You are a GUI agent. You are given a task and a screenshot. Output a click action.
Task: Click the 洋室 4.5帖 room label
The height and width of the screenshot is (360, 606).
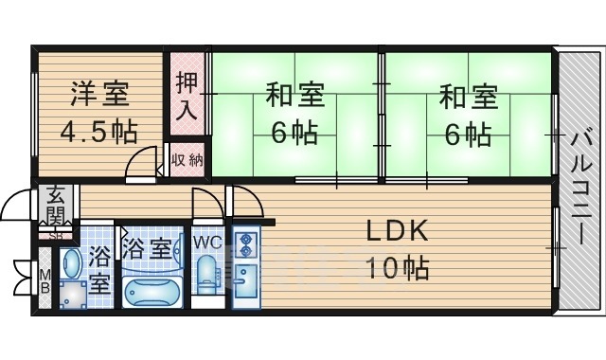click(98, 112)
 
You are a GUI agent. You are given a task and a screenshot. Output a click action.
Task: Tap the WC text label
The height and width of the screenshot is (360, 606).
click(207, 243)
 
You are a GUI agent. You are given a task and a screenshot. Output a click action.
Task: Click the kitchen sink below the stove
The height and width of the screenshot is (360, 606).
click(243, 283)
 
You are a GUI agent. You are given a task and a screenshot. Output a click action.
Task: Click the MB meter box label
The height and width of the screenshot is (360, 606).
click(45, 282)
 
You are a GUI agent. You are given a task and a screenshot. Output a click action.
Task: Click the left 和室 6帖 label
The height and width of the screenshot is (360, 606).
click(294, 114)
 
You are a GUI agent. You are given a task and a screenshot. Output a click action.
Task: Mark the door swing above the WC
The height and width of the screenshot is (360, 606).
click(205, 204)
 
